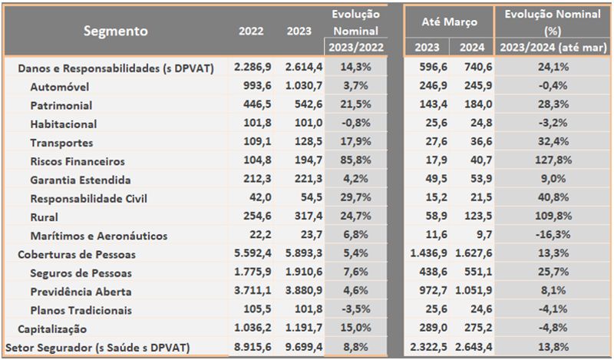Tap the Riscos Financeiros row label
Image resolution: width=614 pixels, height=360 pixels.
pyautogui.click(x=78, y=161)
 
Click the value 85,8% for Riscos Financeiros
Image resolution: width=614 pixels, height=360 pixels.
pyautogui.click(x=355, y=161)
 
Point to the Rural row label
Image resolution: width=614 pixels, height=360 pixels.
pyautogui.click(x=45, y=217)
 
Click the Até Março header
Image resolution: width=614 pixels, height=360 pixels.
pyautogui.click(x=450, y=22)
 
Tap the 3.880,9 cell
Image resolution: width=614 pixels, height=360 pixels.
pyautogui.click(x=304, y=292)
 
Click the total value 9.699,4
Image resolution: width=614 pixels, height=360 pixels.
pyautogui.click(x=304, y=347)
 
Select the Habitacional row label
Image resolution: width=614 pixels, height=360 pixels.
pyautogui.click(x=64, y=124)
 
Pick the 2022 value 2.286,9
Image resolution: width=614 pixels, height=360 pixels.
pyautogui.click(x=253, y=68)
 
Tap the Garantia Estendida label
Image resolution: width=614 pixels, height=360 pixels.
pyautogui.click(x=78, y=180)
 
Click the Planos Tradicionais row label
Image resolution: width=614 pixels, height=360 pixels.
pyautogui.click(x=81, y=310)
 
